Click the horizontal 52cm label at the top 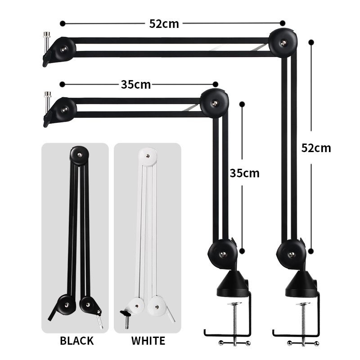coord(164,24)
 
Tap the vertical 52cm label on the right coord(316,148)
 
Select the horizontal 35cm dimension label coord(136,85)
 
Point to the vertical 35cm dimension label coord(244,173)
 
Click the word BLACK coord(76,341)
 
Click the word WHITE coord(148,341)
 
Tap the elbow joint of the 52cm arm coord(283,43)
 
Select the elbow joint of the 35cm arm coord(215,103)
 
